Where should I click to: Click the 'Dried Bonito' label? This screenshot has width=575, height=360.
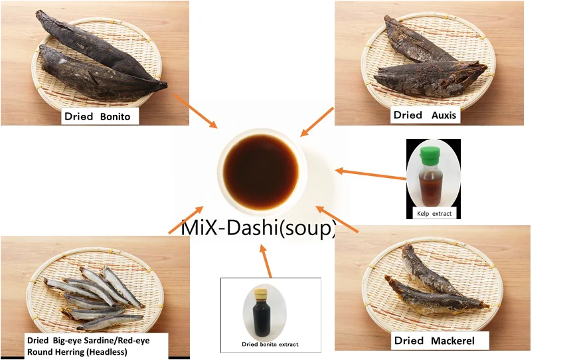tap(102, 117)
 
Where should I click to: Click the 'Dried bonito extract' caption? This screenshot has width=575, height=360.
tap(270, 344)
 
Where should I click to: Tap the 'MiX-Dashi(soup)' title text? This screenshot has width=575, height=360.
tap(259, 229)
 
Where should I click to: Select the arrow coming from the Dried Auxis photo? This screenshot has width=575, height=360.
tap(317, 121)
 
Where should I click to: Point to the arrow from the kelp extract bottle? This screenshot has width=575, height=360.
tap(370, 174)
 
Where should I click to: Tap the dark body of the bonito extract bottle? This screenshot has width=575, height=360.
tap(258, 319)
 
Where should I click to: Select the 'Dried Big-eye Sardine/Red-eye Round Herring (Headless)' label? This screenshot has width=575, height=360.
tap(95, 346)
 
